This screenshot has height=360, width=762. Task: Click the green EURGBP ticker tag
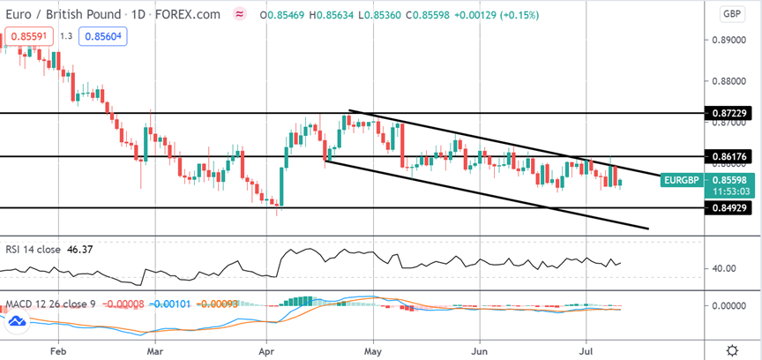tap(683, 180)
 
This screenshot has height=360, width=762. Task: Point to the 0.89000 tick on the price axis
tap(727, 40)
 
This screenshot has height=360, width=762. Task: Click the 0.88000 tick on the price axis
tap(727, 82)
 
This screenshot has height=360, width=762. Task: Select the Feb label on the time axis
tap(58, 349)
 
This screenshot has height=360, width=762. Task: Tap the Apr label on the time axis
tap(267, 349)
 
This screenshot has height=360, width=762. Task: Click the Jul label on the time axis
tap(586, 349)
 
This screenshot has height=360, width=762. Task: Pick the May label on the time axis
tap(373, 349)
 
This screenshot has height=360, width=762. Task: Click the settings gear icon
tap(732, 349)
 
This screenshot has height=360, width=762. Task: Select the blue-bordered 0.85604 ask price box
tap(103, 36)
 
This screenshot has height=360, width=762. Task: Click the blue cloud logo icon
tap(17, 321)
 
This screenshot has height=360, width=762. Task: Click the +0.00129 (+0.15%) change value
tap(497, 15)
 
